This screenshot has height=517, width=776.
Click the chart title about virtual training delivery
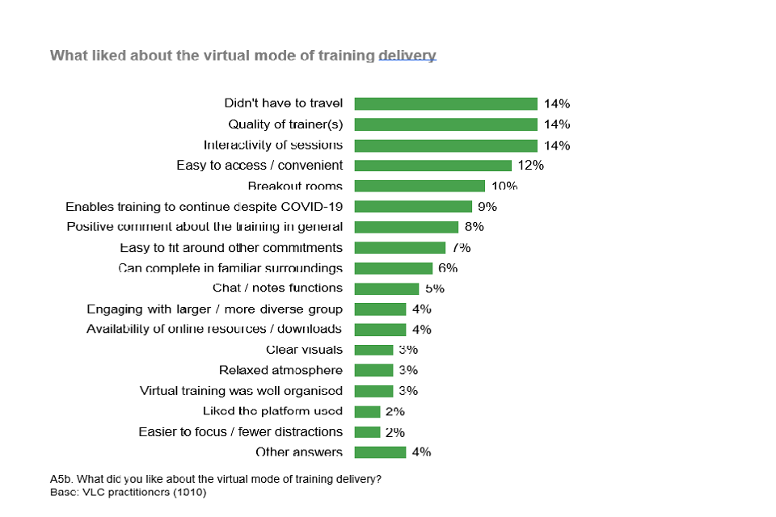[x=242, y=56]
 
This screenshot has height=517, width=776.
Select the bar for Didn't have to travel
[x=445, y=103]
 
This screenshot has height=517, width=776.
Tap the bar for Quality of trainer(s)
[x=445, y=124]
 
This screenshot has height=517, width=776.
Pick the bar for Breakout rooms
[x=420, y=186]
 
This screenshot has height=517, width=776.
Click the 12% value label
[x=530, y=166]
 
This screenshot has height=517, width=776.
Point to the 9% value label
[x=487, y=207]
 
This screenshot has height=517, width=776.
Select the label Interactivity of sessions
[x=273, y=145]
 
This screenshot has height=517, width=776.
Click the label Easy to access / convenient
[x=259, y=166]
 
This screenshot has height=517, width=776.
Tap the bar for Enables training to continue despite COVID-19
[x=413, y=207]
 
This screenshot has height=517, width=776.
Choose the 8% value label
[x=474, y=227]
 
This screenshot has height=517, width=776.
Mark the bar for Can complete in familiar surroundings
[x=394, y=268]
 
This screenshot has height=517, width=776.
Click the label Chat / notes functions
[x=277, y=288]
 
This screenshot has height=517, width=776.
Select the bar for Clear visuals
[x=373, y=350]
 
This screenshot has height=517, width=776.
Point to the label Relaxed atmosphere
[x=280, y=371]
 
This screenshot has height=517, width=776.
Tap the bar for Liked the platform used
[x=367, y=412]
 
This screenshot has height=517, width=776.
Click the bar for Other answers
[x=380, y=452]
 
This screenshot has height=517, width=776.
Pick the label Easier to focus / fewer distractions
[x=240, y=432]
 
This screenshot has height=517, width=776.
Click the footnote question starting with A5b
[x=216, y=479]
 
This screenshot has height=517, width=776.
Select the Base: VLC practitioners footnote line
[x=129, y=492]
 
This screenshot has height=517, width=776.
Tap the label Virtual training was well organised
[x=241, y=391]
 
